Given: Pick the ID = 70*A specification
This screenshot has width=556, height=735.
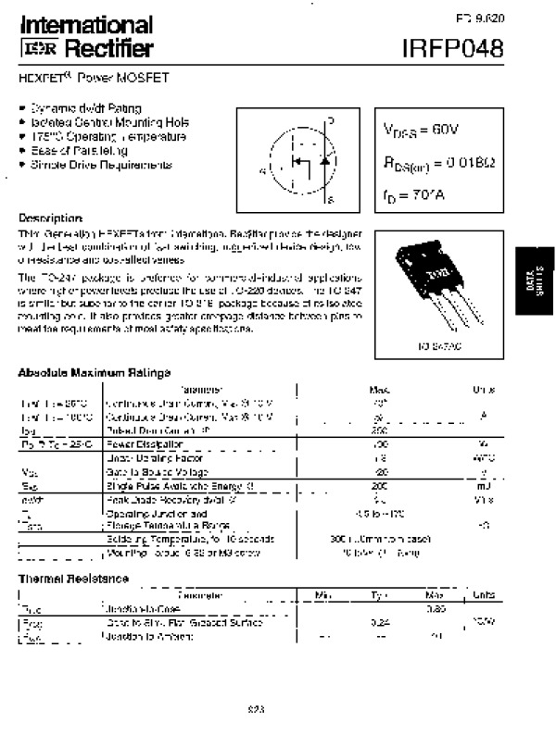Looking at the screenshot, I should (413, 195).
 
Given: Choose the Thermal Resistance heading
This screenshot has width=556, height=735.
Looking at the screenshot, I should (73, 579).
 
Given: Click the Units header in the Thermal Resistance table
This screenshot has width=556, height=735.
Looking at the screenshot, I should (483, 595).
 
